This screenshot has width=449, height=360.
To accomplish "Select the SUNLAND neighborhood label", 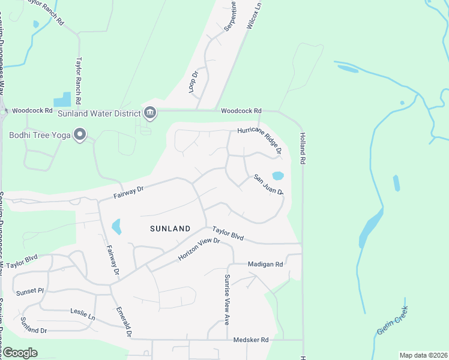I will (170, 229).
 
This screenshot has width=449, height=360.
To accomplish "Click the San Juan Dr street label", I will (268, 185).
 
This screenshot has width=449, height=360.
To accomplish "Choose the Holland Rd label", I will (303, 149).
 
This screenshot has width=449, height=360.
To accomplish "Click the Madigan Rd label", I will (265, 264).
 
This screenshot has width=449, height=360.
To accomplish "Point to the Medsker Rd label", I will (251, 340).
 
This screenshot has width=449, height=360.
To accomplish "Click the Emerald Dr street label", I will (123, 322).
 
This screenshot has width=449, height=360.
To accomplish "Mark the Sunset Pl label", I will (30, 291).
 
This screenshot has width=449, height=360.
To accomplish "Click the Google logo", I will (20, 353).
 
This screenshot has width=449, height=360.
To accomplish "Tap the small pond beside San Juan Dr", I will (278, 176).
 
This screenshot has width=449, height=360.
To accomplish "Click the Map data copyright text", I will (423, 355).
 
